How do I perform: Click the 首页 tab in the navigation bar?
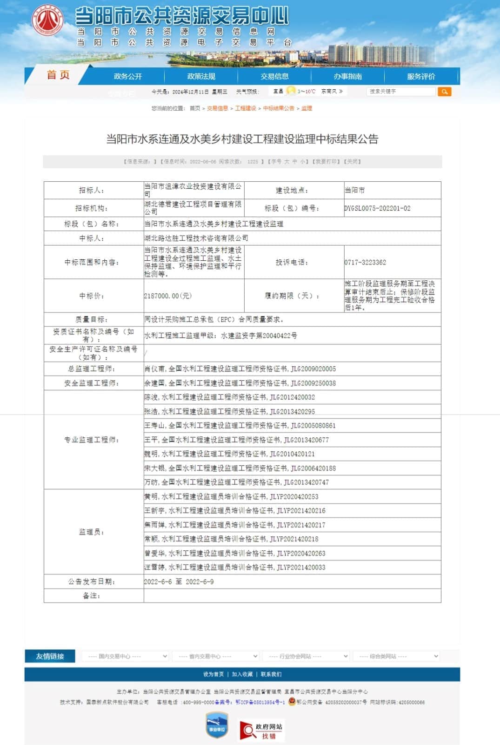58,75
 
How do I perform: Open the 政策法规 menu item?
201,76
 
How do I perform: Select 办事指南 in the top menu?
347,76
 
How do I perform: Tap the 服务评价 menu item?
421,76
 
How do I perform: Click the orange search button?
444,92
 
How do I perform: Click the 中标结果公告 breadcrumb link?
279,108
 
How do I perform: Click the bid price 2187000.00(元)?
168,296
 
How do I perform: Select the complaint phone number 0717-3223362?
365,262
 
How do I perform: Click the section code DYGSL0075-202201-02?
377,208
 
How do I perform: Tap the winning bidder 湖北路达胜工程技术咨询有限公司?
196,238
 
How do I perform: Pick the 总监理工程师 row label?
92,369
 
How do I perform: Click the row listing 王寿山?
240,425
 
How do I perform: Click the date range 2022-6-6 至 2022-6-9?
179,581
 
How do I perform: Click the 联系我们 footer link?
271,674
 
